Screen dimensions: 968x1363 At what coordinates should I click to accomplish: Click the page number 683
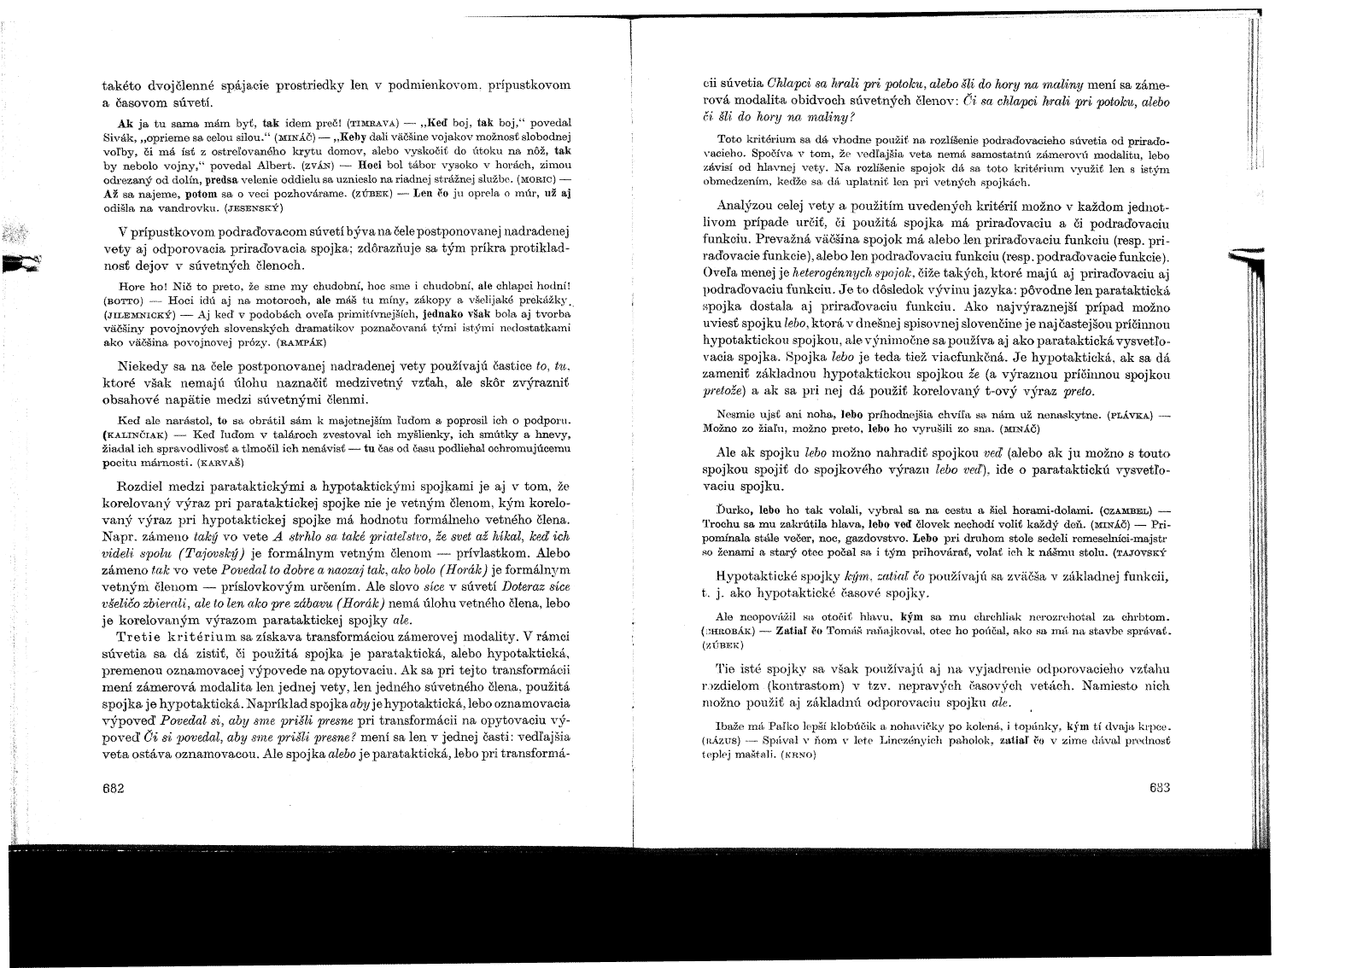click(x=1157, y=787)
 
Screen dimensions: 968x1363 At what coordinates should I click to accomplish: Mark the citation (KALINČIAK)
click(x=137, y=434)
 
